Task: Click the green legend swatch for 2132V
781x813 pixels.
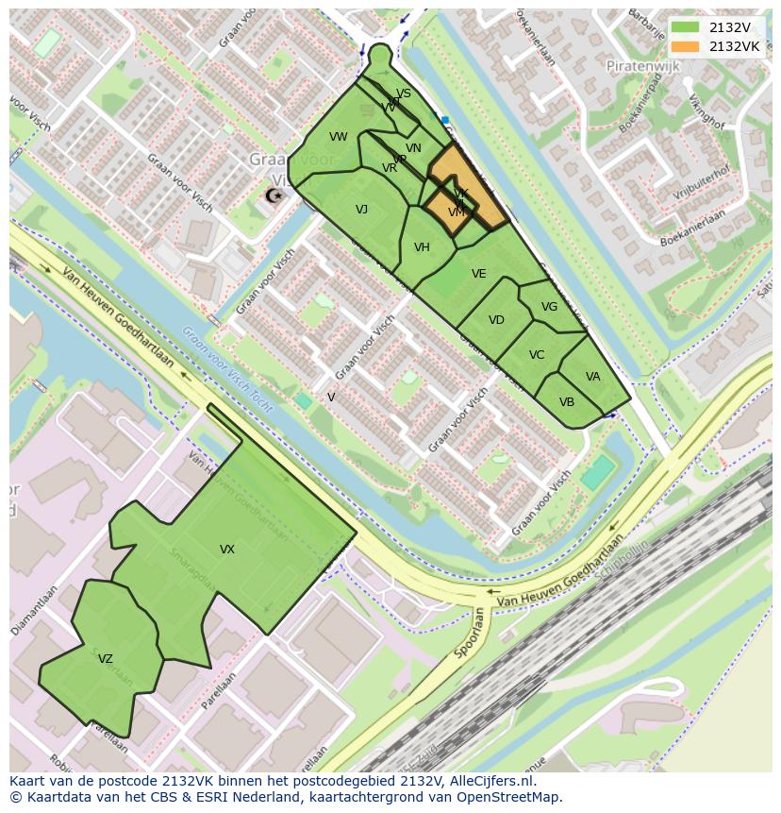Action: [685, 28]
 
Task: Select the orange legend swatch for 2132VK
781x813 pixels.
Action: [685, 46]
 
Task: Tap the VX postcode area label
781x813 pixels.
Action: [227, 550]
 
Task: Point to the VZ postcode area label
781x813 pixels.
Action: [106, 659]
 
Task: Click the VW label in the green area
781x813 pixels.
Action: [339, 137]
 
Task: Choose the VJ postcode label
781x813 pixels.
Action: [361, 210]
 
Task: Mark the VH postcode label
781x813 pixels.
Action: [422, 247]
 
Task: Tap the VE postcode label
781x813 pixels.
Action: [479, 274]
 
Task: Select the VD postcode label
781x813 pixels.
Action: [496, 320]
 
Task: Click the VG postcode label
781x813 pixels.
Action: [550, 307]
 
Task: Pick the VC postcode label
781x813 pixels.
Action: [537, 355]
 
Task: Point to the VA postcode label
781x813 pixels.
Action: [592, 377]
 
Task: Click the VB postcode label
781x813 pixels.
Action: [567, 402]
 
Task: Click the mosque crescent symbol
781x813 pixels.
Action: [274, 195]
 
